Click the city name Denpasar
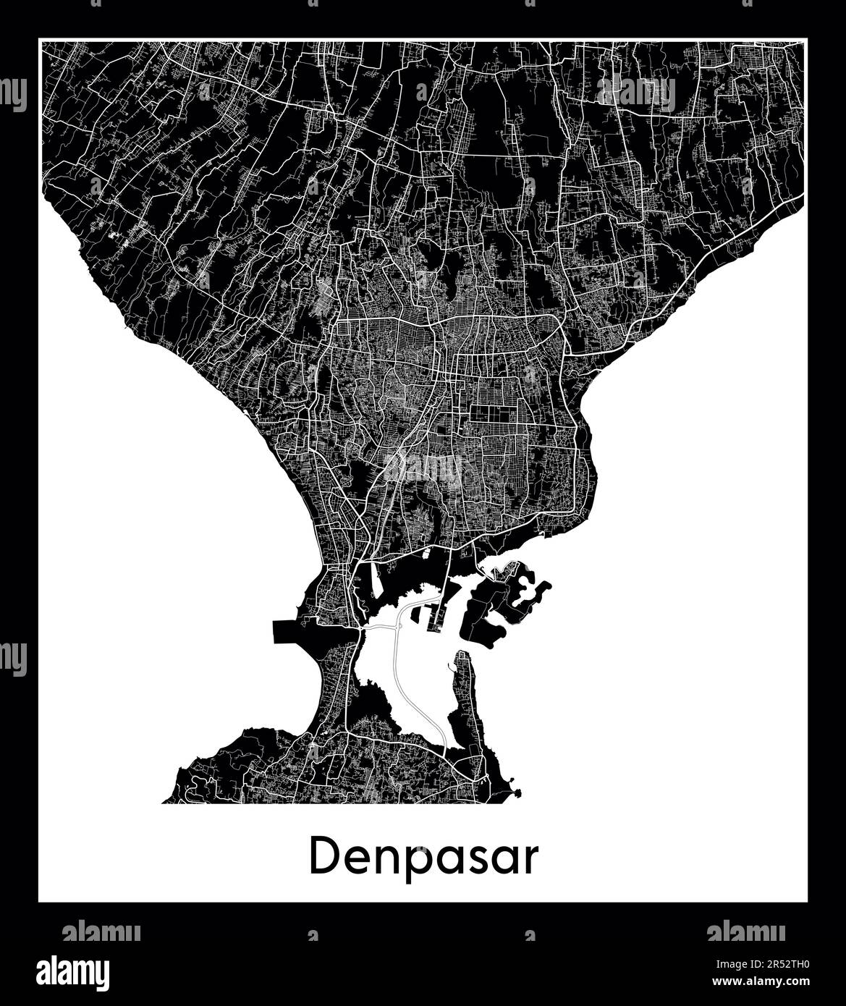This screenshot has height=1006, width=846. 424,859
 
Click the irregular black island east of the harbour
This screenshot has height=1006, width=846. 499,608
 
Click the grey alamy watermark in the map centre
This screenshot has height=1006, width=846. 423,468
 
